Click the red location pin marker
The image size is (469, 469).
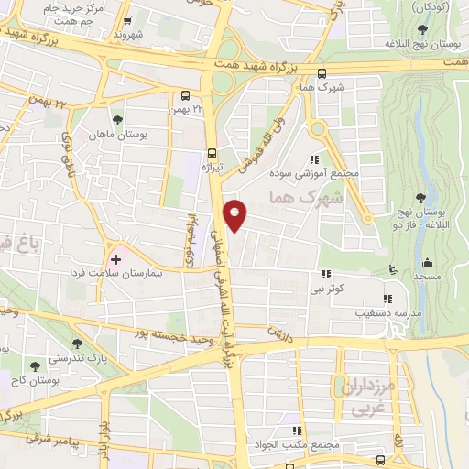[x=235, y=214]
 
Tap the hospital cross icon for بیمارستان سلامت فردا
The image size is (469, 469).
[x=115, y=260]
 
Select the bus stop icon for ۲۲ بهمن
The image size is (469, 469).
[x=186, y=95]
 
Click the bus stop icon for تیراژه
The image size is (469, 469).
[x=212, y=153]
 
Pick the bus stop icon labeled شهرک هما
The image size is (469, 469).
[x=321, y=74]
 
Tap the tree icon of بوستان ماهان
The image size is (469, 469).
[x=116, y=120]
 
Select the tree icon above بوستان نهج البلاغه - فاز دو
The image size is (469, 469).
[x=420, y=198]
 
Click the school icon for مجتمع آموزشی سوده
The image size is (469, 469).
[x=318, y=158]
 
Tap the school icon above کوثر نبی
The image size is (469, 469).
[x=325, y=274]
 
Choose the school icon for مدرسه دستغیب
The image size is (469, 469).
[x=387, y=299]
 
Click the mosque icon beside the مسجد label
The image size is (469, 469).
[x=393, y=271]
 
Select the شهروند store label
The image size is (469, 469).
[x=129, y=35]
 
